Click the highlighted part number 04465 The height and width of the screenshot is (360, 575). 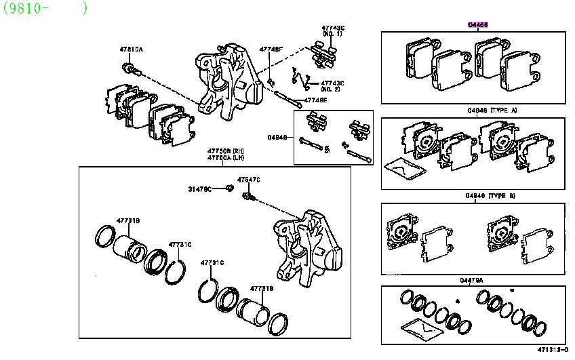pyautogui.click(x=477, y=24)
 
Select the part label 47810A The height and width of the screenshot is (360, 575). pyautogui.click(x=132, y=49)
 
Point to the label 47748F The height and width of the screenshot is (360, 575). pyautogui.click(x=271, y=49)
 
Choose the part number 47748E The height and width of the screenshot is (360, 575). pyautogui.click(x=315, y=100)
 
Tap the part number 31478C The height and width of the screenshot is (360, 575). pyautogui.click(x=199, y=188)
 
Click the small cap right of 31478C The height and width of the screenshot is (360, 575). pyautogui.click(x=229, y=188)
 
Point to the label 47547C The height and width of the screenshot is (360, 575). pyautogui.click(x=248, y=179)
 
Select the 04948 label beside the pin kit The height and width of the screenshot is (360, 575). pyautogui.click(x=277, y=138)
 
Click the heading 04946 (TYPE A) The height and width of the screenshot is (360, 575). pyautogui.click(x=491, y=110)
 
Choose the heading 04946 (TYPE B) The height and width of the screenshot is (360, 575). pyautogui.click(x=491, y=196)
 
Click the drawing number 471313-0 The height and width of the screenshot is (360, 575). pyautogui.click(x=553, y=350)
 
